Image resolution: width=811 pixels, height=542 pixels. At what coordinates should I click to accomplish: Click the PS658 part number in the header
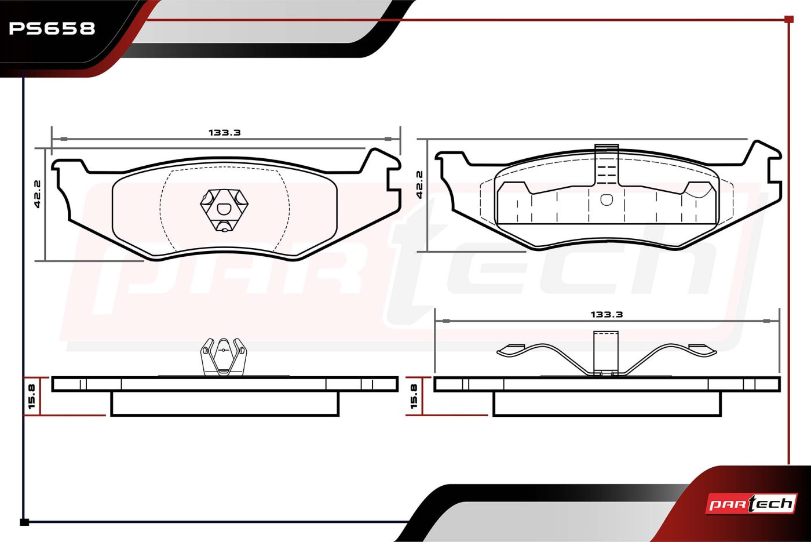(52, 28)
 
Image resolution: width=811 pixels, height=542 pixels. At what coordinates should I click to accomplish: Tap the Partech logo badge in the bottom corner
(751, 504)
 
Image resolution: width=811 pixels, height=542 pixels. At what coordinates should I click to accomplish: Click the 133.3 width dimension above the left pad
(225, 133)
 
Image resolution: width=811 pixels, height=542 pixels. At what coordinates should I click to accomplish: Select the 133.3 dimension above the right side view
(607, 314)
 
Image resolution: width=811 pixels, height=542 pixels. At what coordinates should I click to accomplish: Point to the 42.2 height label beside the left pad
(37, 194)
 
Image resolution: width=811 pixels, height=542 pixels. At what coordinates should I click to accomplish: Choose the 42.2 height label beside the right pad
(419, 185)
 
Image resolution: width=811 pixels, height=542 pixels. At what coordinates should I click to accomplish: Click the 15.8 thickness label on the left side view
(31, 397)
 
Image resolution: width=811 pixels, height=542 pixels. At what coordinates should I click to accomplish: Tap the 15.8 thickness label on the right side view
(414, 397)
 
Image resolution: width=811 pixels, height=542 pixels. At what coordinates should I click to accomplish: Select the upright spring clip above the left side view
(224, 357)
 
